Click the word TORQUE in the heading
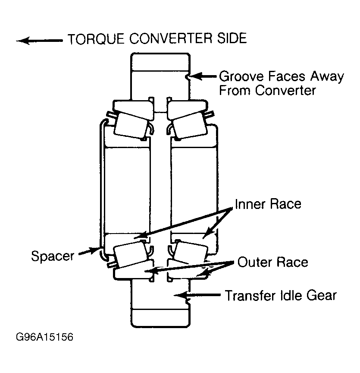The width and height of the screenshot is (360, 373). [96, 39]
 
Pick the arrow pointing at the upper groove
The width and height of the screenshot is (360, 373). [203, 76]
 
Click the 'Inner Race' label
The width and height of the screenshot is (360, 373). [268, 204]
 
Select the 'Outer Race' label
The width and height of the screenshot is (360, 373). [273, 262]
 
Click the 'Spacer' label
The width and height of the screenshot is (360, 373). [53, 256]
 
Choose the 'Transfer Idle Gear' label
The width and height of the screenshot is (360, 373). [281, 295]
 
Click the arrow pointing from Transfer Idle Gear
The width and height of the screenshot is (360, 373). [197, 295]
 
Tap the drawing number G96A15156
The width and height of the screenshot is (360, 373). [44, 337]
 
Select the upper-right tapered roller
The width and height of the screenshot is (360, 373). [189, 125]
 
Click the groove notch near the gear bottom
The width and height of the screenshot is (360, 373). [188, 302]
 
